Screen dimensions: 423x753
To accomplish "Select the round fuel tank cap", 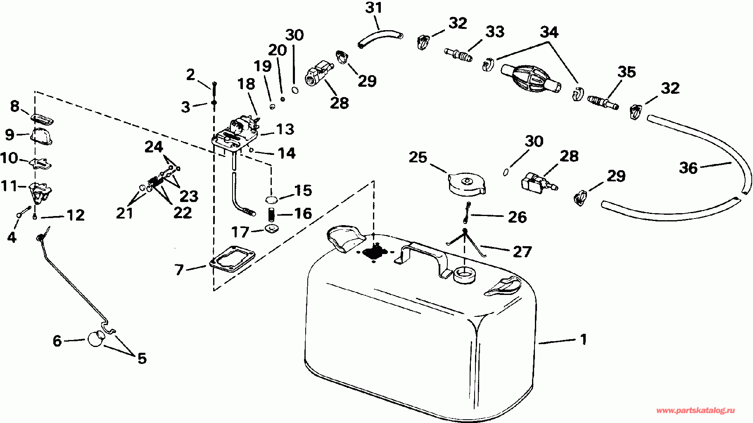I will (x=466, y=184).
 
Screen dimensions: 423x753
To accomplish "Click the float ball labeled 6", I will (x=96, y=339).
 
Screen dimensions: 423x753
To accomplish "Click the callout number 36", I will (x=688, y=168).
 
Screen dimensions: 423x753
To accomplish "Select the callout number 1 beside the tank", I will (x=583, y=340).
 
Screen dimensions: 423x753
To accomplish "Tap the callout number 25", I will (x=418, y=157).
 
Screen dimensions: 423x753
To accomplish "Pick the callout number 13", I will (x=285, y=129).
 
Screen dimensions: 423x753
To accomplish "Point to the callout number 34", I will (x=549, y=32).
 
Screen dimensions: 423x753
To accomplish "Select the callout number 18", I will (x=246, y=84).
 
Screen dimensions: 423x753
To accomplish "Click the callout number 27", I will (x=522, y=251).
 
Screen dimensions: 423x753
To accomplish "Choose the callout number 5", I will (x=142, y=358).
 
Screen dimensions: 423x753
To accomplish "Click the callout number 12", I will (x=76, y=215).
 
